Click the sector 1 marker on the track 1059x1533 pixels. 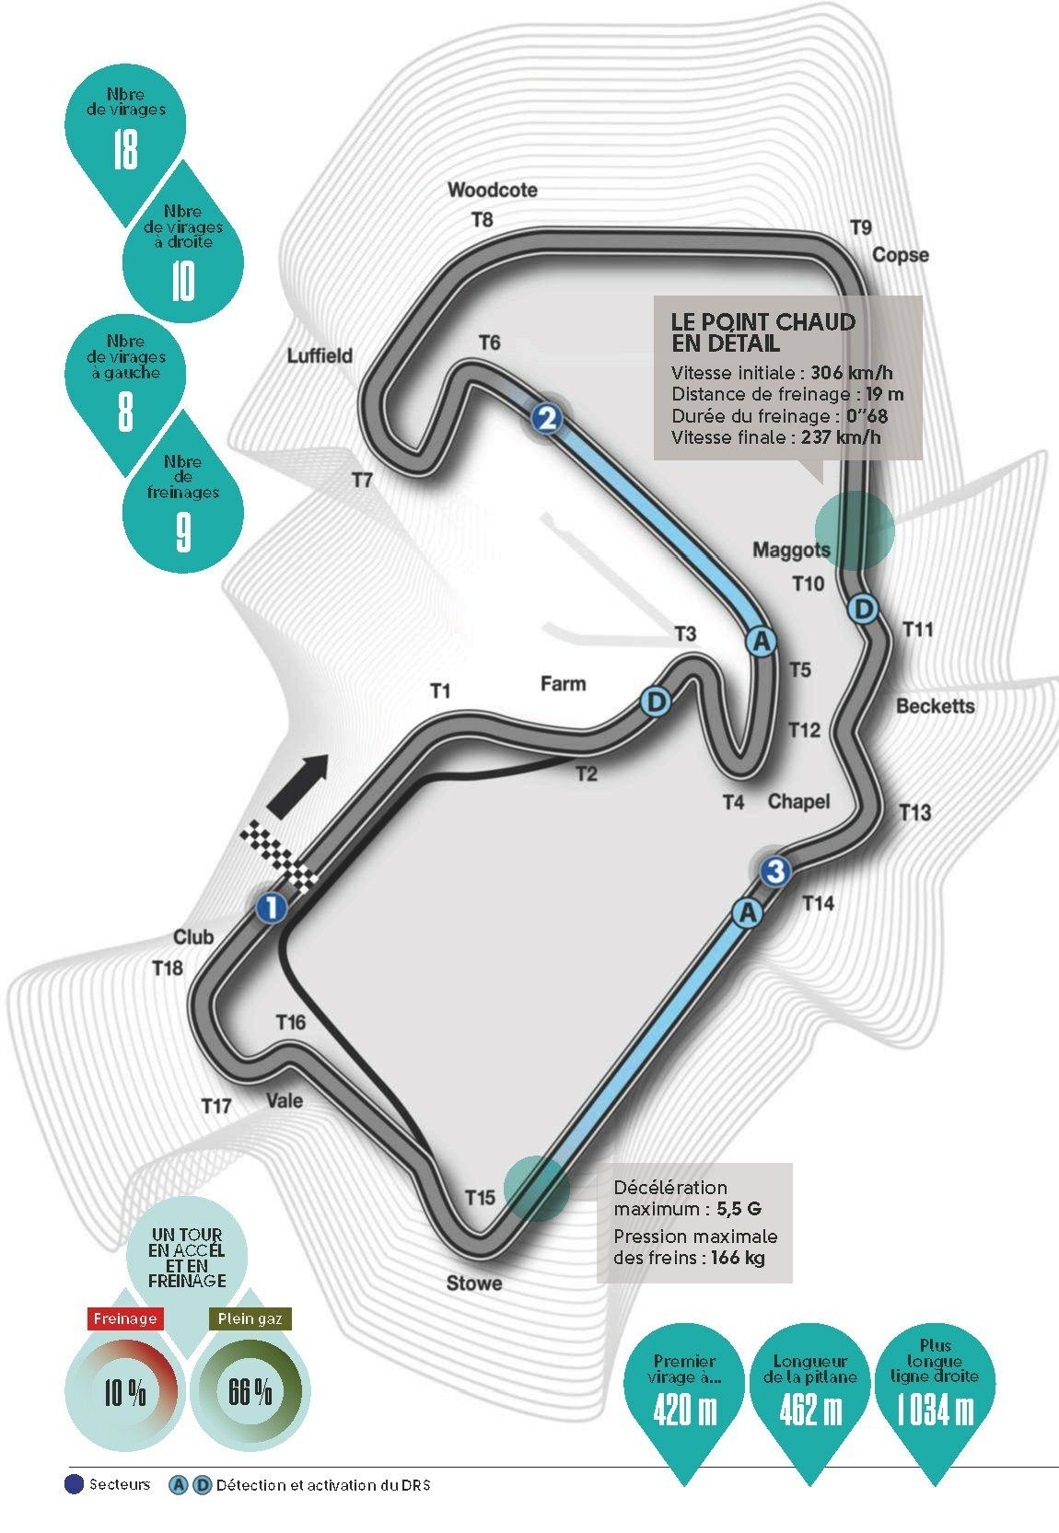tap(271, 908)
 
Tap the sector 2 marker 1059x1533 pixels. tap(546, 418)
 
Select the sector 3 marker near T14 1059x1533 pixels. tap(774, 871)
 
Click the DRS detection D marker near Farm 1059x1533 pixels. tap(655, 702)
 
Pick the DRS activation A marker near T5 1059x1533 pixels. tap(761, 642)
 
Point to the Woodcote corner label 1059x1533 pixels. tap(492, 190)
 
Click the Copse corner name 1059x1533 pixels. tap(901, 255)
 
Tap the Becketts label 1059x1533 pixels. tap(935, 705)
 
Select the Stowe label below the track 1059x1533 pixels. tap(473, 1283)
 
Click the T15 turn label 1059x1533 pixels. tap(480, 1197)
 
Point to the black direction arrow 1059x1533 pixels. tap(297, 786)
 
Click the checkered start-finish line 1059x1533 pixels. tap(279, 856)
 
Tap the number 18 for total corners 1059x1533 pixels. tap(125, 149)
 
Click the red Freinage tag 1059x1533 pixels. tap(125, 1318)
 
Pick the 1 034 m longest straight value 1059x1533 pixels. tap(935, 1410)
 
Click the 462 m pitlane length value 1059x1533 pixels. tap(809, 1410)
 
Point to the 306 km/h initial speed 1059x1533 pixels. tap(852, 372)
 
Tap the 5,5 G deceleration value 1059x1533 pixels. tap(739, 1208)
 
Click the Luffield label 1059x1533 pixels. tap(320, 355)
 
